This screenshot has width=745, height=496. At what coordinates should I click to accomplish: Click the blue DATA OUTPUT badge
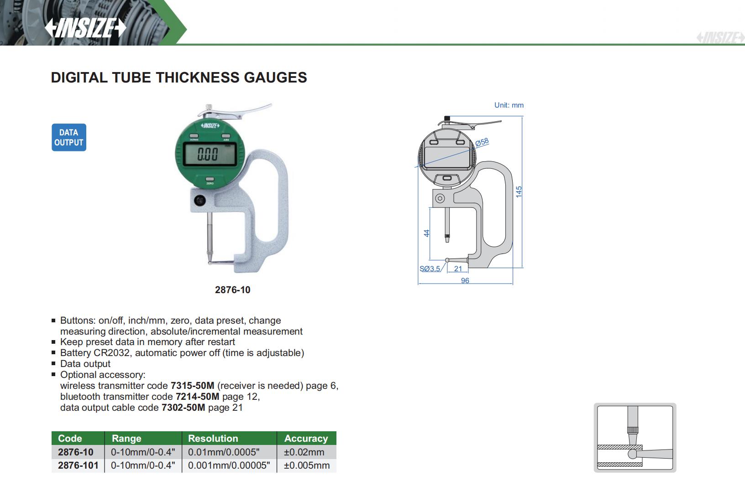pos(69,137)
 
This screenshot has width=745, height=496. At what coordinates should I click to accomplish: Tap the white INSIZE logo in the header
pos(85,27)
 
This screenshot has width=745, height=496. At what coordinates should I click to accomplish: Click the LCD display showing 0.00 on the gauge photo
pos(210,154)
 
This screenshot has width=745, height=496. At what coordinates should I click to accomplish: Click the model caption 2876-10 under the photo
pos(232,290)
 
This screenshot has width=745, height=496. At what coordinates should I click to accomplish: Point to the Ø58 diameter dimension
pos(482,142)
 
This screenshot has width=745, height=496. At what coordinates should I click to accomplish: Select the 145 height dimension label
pos(519,191)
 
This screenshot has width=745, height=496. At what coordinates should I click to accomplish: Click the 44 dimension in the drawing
pos(426,233)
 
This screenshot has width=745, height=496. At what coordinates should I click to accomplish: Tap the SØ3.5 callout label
pos(430,269)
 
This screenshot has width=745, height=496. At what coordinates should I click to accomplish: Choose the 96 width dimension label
pos(465,281)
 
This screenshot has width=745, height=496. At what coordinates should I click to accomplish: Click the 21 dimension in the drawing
pos(458,269)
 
